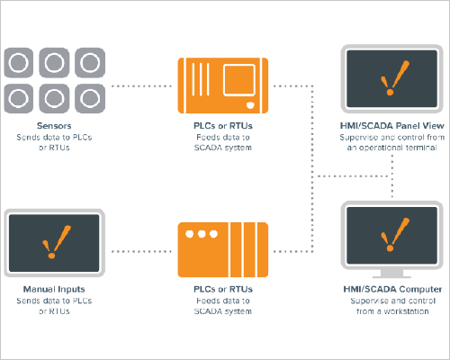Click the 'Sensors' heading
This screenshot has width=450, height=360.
pyautogui.click(x=54, y=126)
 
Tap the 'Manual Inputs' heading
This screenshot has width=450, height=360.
pyautogui.click(x=54, y=289)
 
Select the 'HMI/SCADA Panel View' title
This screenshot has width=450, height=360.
pyautogui.click(x=392, y=126)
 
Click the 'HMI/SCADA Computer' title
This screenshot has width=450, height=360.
pyautogui.click(x=392, y=289)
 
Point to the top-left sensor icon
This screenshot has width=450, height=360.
pyautogui.click(x=19, y=63)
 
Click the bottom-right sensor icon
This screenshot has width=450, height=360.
pyautogui.click(x=90, y=98)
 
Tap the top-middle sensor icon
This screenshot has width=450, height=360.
pyautogui.click(x=54, y=63)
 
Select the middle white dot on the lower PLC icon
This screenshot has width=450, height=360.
pyautogui.click(x=202, y=234)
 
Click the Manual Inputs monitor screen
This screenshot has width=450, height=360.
pyautogui.click(x=54, y=243)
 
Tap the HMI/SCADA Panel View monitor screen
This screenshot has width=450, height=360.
pyautogui.click(x=392, y=78)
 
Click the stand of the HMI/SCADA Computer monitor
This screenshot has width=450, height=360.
pyautogui.click(x=391, y=274)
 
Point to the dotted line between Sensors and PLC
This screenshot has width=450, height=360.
pyautogui.click(x=141, y=86)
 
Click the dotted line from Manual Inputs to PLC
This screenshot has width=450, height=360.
pyautogui.click(x=141, y=251)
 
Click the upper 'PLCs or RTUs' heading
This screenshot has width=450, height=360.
pyautogui.click(x=223, y=126)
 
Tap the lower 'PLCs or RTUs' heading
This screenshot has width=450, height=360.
pyautogui.click(x=223, y=289)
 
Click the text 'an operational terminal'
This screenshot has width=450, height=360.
pyautogui.click(x=391, y=148)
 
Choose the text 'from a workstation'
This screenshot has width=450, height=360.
pyautogui.click(x=392, y=311)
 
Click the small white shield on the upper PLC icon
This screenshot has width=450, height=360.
pyautogui.click(x=250, y=105)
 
